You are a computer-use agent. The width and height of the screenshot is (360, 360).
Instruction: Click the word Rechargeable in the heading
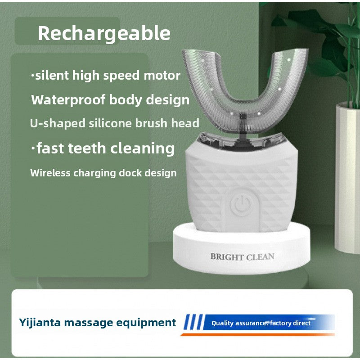(x=104, y=33)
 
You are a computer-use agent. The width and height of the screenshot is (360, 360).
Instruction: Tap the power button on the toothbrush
(x=238, y=205)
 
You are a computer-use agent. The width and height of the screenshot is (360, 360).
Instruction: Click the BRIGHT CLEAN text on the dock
(x=242, y=257)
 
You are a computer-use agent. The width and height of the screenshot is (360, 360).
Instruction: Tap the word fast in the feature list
(x=52, y=148)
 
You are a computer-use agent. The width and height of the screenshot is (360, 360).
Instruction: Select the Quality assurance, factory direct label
(x=261, y=323)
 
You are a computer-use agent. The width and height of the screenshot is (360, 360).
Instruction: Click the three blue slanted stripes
(x=193, y=322)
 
